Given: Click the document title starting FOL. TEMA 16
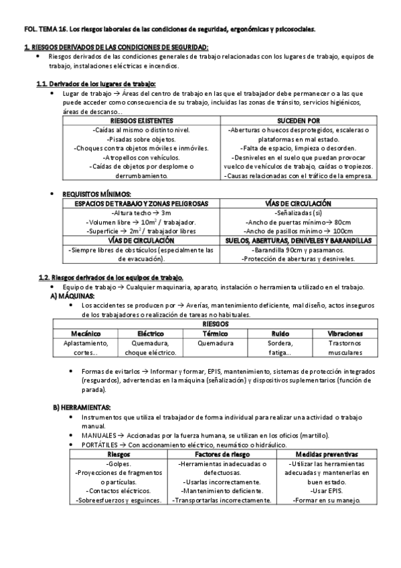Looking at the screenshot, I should (168, 29).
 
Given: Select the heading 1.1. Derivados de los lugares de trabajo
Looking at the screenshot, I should (96, 84).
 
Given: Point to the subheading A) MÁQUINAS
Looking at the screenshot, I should (73, 295).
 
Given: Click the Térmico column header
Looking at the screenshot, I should (216, 333).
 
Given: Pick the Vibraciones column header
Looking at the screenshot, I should (345, 333).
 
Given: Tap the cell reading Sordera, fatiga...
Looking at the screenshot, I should (280, 347).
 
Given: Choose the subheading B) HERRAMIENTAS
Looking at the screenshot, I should (82, 407).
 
